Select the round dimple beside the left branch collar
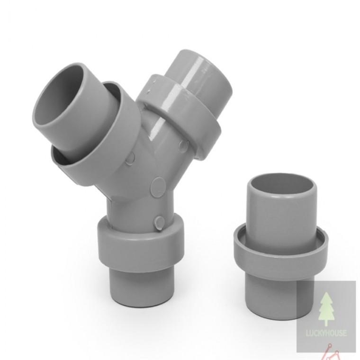130,158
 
